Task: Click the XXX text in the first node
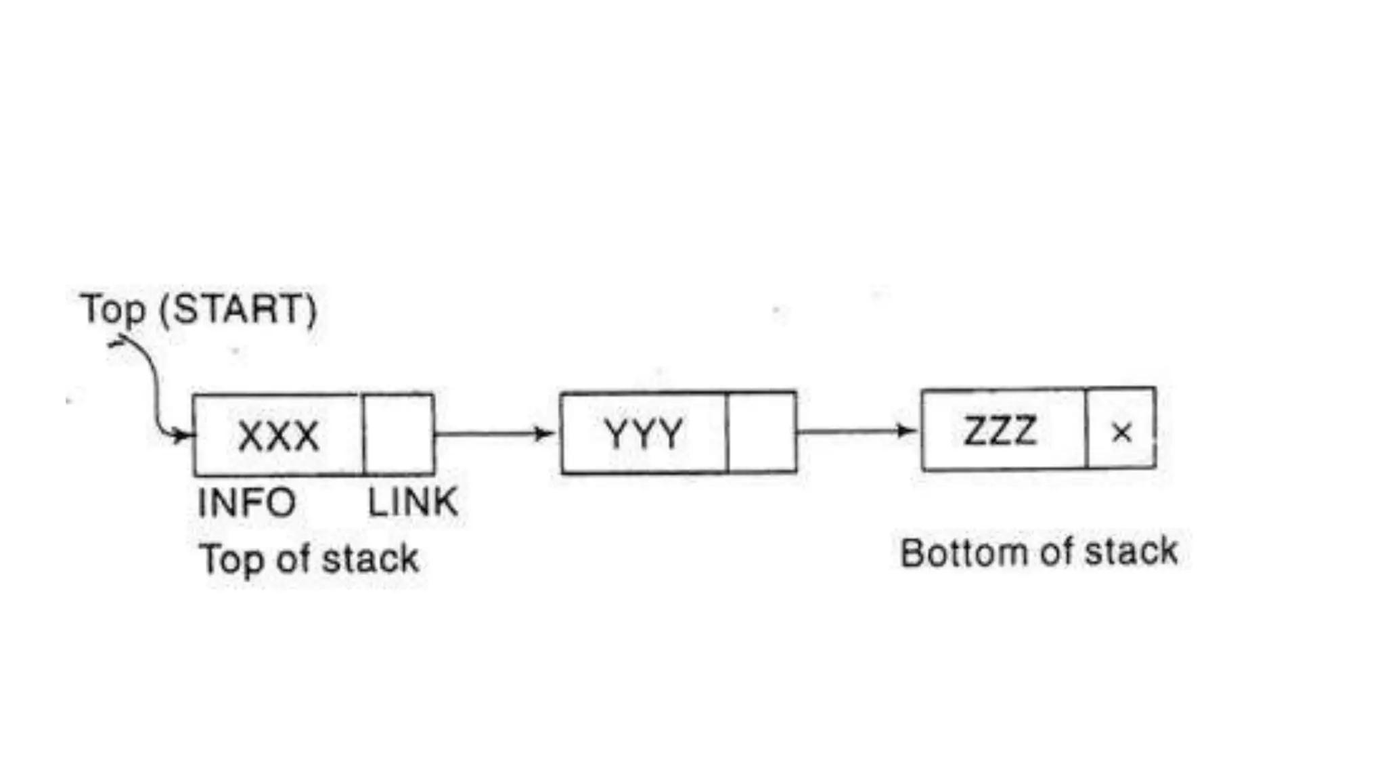[x=278, y=435]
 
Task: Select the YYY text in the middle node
[x=644, y=433]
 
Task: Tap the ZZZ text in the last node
[x=1000, y=431]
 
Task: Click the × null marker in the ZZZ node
[x=1121, y=432]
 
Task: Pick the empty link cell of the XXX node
[x=399, y=435]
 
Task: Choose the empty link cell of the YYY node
[x=761, y=433]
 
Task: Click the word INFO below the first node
[x=246, y=503]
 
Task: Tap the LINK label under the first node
[x=412, y=502]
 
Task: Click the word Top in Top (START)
[x=112, y=309]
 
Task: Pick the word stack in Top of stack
[x=370, y=559]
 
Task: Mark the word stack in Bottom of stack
[x=1132, y=551]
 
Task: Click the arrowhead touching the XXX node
[x=183, y=435]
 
